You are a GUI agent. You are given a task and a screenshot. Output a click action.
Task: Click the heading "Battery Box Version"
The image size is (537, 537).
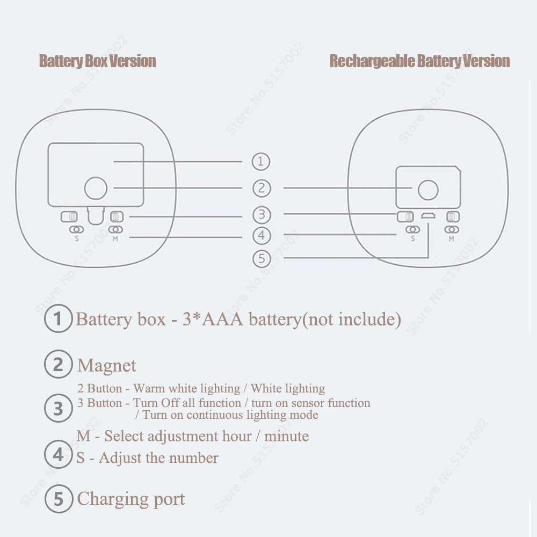[x=98, y=61]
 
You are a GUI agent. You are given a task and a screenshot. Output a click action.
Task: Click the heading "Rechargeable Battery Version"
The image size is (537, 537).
[x=419, y=61]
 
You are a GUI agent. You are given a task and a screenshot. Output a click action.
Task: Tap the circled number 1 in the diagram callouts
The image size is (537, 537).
[x=261, y=161]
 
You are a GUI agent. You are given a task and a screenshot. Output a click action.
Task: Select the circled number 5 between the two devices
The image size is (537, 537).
[x=262, y=258]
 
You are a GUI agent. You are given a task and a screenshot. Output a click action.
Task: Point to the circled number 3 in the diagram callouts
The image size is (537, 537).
[x=261, y=215]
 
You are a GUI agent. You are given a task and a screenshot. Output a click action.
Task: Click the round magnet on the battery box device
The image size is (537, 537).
[x=96, y=188]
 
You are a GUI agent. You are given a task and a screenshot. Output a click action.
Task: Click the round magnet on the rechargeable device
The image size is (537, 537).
[x=428, y=190]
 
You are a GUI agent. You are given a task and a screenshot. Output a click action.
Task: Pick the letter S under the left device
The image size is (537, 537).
[x=77, y=239]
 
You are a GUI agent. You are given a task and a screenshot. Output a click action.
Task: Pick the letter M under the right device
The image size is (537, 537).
[x=451, y=239]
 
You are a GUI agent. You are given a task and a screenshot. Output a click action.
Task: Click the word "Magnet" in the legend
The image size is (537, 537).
[x=107, y=366]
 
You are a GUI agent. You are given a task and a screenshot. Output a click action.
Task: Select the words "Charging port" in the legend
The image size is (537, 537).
[x=131, y=499]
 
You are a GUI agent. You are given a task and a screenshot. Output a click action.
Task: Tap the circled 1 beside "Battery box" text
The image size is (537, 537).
[x=58, y=320]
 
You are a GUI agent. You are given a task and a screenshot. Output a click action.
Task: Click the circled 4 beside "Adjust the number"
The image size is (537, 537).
[x=58, y=455]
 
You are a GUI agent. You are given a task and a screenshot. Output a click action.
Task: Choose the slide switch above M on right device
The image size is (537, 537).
[x=453, y=217]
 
